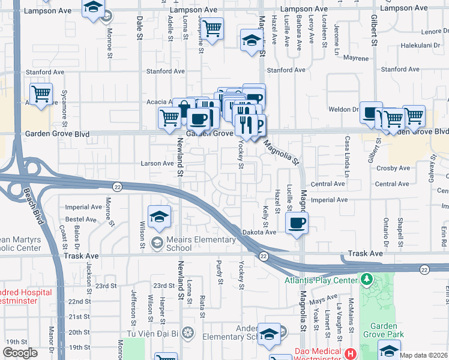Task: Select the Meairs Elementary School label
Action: point(200,244)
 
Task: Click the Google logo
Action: point(20,353)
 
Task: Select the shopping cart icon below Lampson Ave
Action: point(211,28)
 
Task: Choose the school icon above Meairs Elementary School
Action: point(159,217)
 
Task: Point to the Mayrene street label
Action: point(356,58)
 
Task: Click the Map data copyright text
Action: point(424,355)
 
